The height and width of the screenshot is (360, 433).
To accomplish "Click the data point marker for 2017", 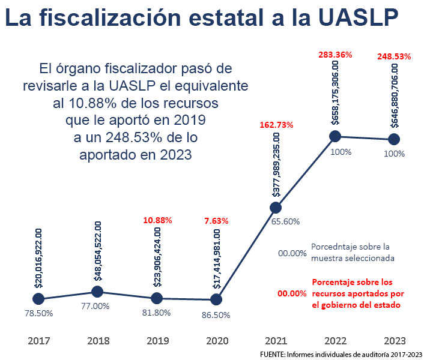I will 38,298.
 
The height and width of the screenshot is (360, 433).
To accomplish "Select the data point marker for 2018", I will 97,292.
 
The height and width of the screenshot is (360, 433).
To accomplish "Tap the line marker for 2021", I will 276,208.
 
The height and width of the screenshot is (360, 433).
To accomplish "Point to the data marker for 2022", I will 335,136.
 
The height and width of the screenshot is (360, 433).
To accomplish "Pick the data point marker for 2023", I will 394,139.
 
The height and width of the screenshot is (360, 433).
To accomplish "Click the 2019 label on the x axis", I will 157,341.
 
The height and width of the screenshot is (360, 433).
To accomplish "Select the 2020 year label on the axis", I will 217,341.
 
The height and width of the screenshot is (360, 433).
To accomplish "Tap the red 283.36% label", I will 335,55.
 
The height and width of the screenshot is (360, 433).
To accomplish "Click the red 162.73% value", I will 276,125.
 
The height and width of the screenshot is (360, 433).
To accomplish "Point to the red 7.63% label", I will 216,221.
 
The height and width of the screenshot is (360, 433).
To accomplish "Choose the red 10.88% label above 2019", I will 157,221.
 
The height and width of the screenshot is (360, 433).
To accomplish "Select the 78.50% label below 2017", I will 39,313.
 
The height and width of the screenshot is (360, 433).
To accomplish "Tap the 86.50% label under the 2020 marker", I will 217,314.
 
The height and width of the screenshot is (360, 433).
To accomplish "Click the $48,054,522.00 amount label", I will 98,251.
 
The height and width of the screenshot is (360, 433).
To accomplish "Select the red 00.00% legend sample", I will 292,294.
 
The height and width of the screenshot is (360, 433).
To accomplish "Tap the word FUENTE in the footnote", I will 272,354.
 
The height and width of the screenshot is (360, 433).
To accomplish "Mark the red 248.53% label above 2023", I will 394,57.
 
